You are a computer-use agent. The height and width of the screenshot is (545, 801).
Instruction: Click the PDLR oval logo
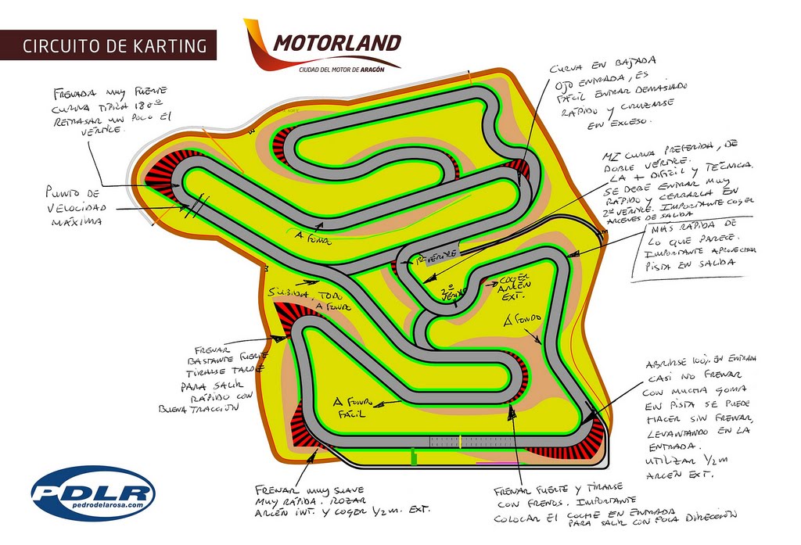point(93,493)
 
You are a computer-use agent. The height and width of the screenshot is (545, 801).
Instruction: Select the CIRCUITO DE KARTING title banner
point(107,45)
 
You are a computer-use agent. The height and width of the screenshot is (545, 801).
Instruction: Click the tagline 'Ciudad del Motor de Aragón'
point(349,70)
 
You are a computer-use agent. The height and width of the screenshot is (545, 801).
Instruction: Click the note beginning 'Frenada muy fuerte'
point(113,109)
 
